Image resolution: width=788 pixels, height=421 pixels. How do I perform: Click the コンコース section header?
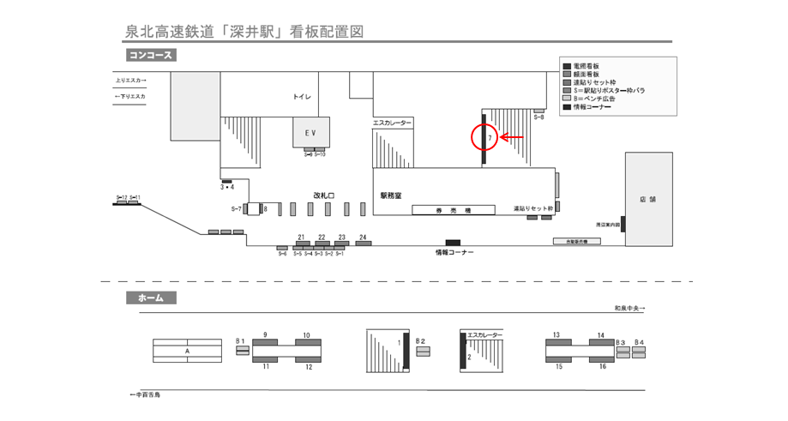[151, 56]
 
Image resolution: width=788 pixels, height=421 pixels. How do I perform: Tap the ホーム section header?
[151, 298]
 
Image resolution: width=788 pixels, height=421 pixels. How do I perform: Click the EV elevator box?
[310, 132]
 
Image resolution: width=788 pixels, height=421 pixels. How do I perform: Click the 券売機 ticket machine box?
[454, 209]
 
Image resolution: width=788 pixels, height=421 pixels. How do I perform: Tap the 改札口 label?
[324, 195]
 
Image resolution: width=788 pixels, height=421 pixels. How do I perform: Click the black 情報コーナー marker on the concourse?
[453, 244]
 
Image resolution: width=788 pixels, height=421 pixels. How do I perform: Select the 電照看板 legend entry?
[586, 66]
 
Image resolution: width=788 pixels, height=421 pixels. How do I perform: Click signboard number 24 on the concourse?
[364, 244]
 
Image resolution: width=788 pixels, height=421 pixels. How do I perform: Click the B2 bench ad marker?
[421, 350]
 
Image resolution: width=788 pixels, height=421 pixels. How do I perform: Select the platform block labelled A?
[187, 351]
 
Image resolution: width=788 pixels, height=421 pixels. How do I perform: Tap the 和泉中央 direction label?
[629, 309]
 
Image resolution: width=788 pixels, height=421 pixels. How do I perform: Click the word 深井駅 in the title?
[254, 31]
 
